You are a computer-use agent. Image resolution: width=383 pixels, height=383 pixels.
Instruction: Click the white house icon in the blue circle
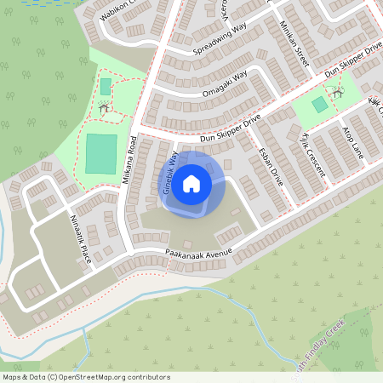pyautogui.click(x=191, y=183)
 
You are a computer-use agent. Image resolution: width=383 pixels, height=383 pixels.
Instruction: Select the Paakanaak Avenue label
pyautogui.click(x=199, y=254)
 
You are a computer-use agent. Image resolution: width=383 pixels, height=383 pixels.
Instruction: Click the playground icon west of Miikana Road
pyautogui.click(x=104, y=108)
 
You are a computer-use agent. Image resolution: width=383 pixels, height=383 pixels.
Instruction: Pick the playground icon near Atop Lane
pyautogui.click(x=337, y=90)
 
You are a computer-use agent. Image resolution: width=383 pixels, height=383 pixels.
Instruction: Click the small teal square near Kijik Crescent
pyautogui.click(x=318, y=105)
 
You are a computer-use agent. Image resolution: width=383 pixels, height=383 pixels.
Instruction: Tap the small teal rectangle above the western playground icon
pyautogui.click(x=106, y=87)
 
